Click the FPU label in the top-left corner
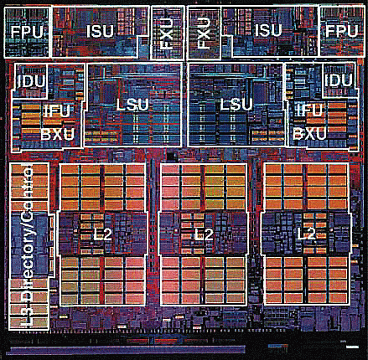(x=28, y=32)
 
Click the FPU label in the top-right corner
(x=341, y=31)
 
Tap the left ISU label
(x=100, y=31)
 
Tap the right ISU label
(x=268, y=30)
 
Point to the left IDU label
(x=31, y=81)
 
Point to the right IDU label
(x=339, y=80)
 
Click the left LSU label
(x=132, y=105)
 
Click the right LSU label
(x=236, y=105)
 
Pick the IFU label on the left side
(x=57, y=111)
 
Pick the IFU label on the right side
(x=309, y=110)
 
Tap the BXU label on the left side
(x=58, y=135)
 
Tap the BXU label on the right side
(x=309, y=133)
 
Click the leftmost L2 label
(x=102, y=234)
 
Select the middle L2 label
(x=204, y=234)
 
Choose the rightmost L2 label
(x=306, y=234)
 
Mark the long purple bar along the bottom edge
(x=128, y=349)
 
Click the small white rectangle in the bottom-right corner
(x=352, y=347)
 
